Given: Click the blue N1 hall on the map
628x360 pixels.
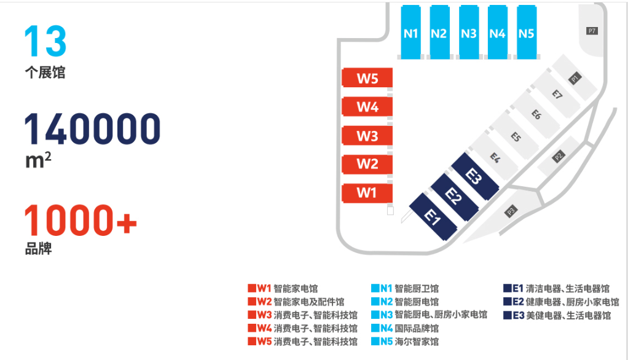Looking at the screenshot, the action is coord(411,32).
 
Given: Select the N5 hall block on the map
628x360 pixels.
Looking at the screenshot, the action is coord(527,32).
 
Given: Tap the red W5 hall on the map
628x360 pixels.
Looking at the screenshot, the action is coord(367,77).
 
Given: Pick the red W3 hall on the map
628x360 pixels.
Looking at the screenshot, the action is coord(367,136).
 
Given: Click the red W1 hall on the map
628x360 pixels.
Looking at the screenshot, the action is coord(367,193).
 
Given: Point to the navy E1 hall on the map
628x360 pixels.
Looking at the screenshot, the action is coord(433,217).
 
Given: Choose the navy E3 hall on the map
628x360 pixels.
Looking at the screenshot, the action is coord(475,176).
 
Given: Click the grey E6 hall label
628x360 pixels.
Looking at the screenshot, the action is coord(536,115).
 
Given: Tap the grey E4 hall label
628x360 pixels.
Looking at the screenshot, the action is coord(495,158).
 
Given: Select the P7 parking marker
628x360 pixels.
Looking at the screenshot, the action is coord(592,31).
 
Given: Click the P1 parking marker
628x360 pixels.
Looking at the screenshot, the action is coord(575,78).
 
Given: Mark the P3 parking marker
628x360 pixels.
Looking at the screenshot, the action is coord(511,211).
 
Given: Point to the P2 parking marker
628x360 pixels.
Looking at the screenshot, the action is coord(559,156).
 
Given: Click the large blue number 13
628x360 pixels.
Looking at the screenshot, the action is coord(45,41).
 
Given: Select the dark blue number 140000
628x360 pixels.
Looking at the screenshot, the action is coord(93,128).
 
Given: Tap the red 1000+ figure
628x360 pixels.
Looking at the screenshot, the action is coord(80,219).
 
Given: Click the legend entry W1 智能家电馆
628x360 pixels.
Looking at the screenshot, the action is coord(283,288).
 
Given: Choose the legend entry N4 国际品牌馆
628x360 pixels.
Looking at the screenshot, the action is coord(405,329).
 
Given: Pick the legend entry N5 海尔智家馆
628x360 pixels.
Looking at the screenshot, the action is coord(405,342).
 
